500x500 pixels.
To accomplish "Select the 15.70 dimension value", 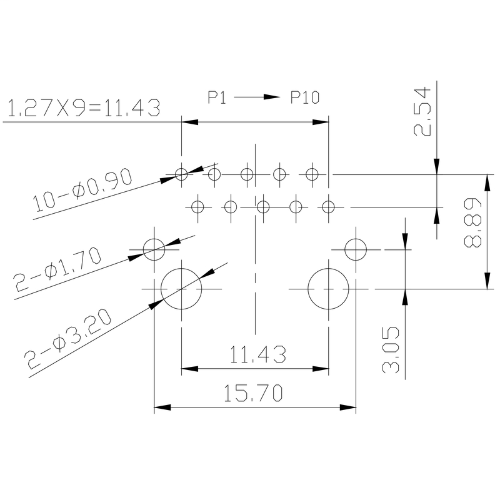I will (255, 392).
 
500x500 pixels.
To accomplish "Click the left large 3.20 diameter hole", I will (181, 289).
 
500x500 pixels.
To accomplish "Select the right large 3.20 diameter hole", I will (329, 289).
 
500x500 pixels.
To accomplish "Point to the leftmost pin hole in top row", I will (181, 174).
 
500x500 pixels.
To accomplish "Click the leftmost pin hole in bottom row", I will (197, 205).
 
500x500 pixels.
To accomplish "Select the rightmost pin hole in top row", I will (312, 174).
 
